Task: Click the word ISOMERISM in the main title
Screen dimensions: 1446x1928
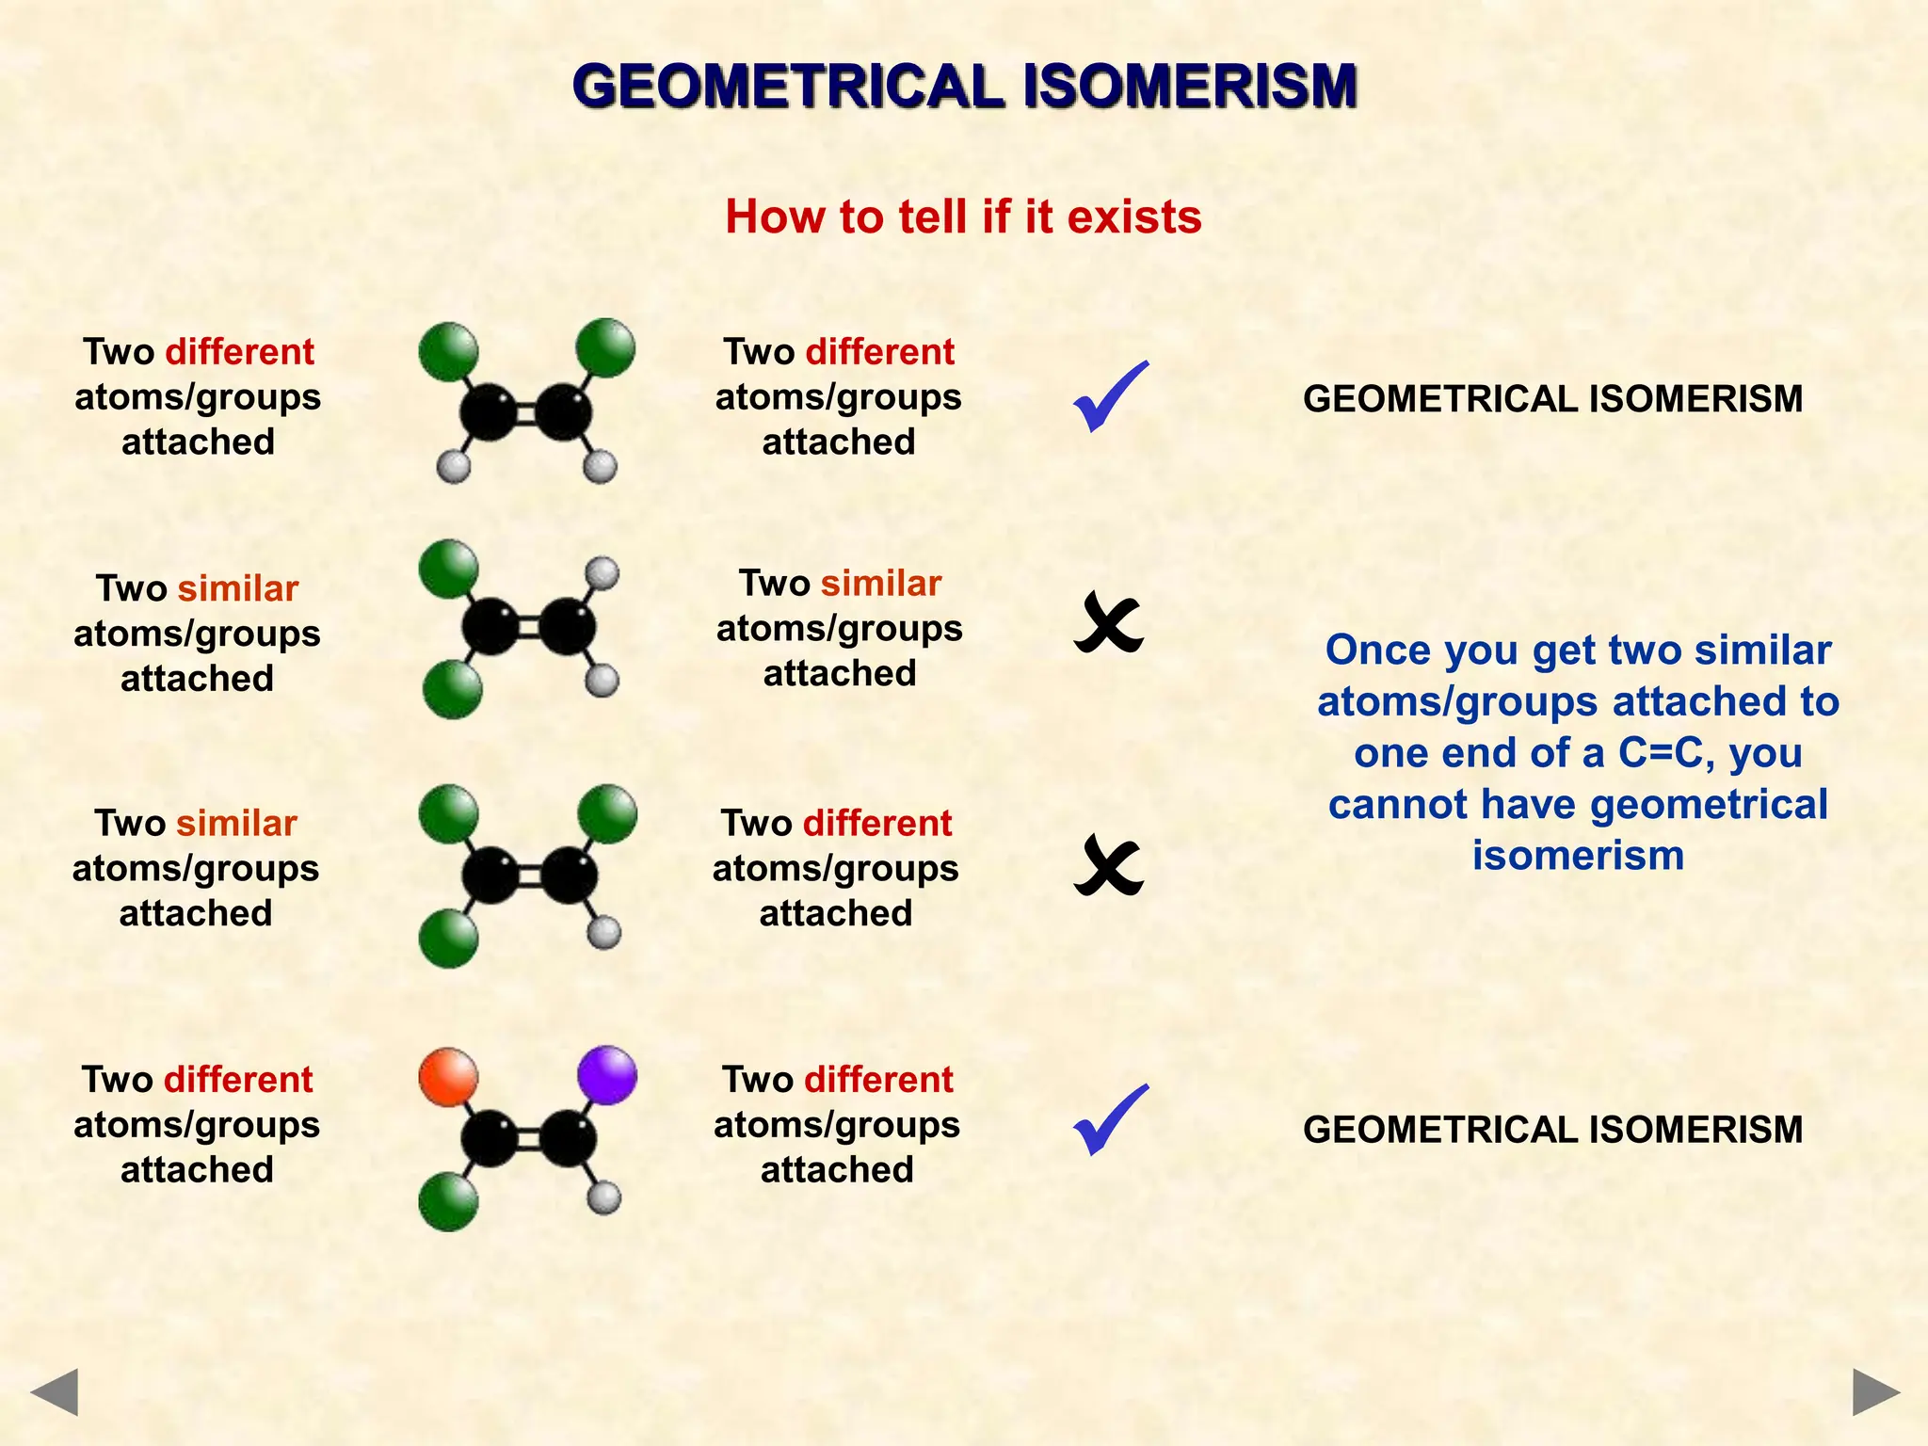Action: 1190,87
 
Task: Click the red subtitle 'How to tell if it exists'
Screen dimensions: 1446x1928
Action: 963,217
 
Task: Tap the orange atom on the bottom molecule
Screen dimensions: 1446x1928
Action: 448,1077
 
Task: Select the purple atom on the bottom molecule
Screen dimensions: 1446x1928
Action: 607,1074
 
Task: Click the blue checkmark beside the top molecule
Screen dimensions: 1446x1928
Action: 1110,396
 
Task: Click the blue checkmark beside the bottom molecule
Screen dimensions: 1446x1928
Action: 1110,1119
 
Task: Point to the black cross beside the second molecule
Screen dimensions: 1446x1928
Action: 1108,623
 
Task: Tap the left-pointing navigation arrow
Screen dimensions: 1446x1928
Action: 55,1391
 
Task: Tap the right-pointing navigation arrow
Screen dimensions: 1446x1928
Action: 1875,1391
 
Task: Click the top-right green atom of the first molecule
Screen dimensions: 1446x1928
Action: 605,348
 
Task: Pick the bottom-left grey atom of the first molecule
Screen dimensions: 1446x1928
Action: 454,467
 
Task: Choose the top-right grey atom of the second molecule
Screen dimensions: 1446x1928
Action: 602,572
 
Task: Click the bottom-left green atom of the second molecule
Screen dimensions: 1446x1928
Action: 452,689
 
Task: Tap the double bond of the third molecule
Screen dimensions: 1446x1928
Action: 529,876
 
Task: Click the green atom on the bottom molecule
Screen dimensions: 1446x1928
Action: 448,1201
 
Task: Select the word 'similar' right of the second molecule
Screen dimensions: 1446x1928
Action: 880,584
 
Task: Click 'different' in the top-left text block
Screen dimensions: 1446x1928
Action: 239,352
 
